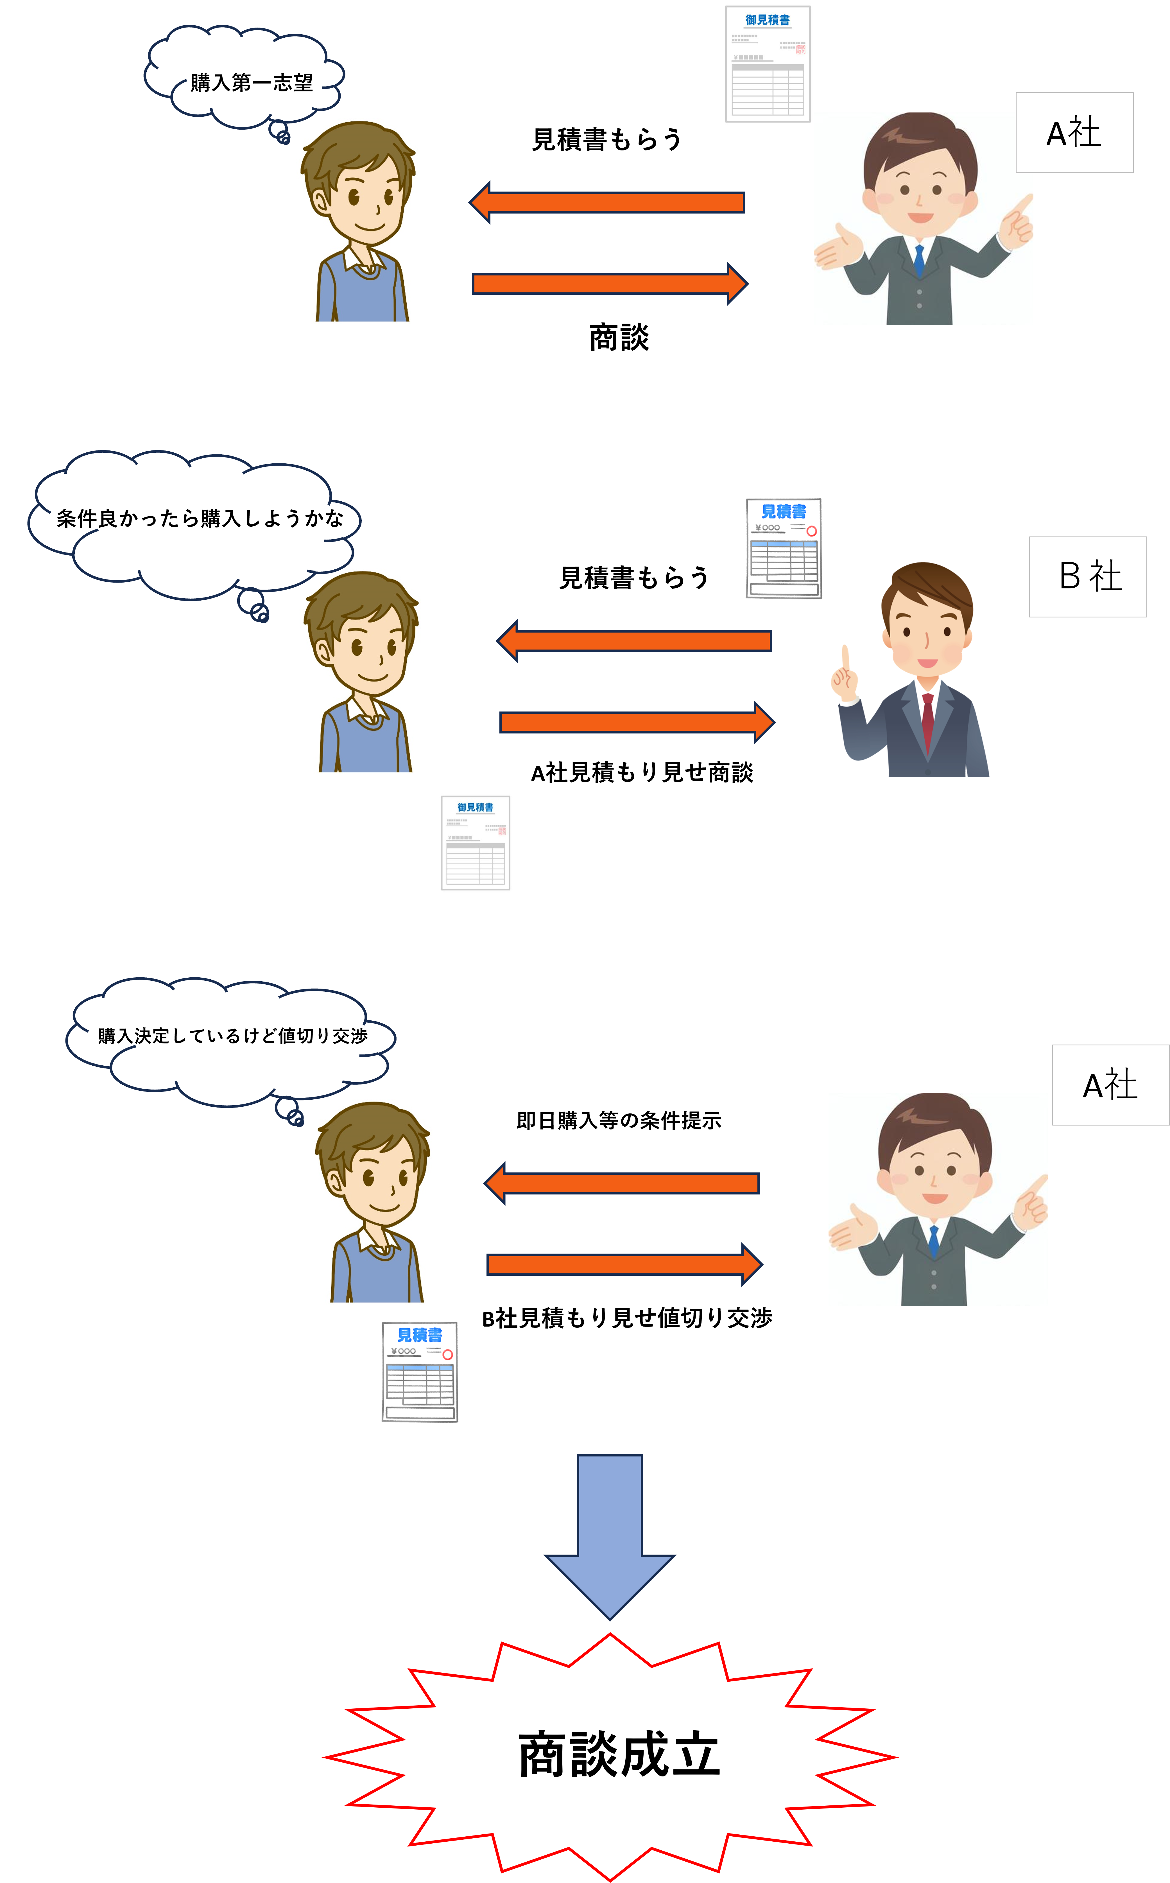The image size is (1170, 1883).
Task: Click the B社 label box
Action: [1087, 577]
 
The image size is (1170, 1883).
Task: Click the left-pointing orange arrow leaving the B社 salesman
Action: [635, 641]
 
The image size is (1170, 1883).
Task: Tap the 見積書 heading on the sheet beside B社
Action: [784, 511]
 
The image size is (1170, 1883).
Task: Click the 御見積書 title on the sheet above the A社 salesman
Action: [768, 20]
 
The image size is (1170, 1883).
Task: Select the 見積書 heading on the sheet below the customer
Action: [419, 1335]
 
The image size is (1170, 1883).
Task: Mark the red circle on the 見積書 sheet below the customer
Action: [447, 1354]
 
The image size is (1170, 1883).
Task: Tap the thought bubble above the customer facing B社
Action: [193, 522]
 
